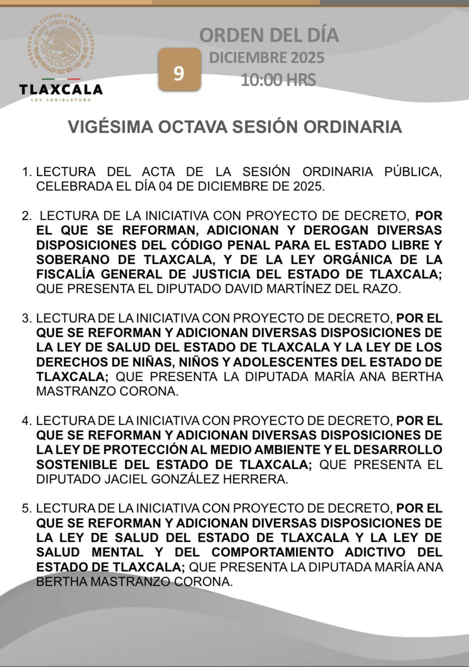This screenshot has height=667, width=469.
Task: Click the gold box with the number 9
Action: (179, 70)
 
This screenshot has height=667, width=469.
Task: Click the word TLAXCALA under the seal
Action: (61, 89)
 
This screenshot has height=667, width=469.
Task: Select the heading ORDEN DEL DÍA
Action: (269, 35)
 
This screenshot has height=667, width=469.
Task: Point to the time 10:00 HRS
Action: (278, 80)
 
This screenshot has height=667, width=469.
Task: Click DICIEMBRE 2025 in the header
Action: (266, 58)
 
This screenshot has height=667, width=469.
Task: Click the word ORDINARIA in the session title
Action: (357, 127)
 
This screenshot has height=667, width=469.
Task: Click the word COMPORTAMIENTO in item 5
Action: (272, 552)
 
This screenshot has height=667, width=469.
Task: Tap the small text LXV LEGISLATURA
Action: (61, 100)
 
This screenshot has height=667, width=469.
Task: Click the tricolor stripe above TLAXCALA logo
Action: (61, 79)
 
